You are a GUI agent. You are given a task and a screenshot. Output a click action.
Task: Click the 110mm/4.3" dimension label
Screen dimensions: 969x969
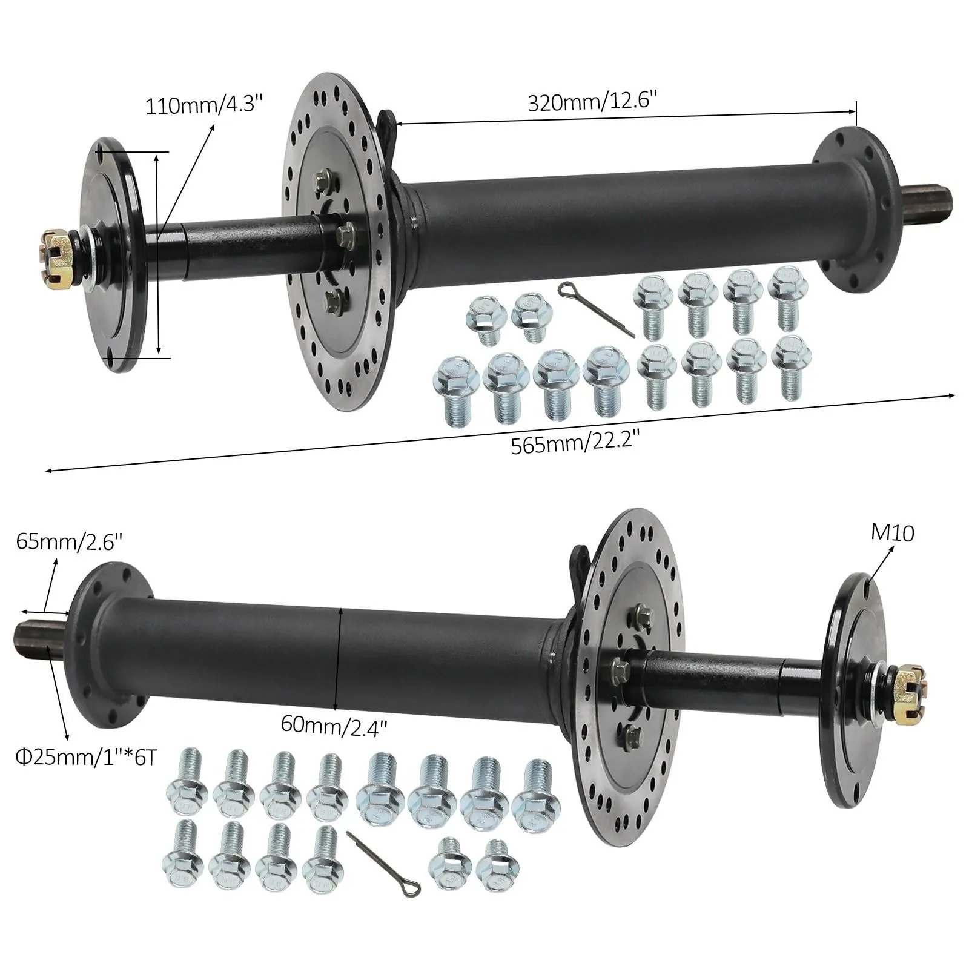204,106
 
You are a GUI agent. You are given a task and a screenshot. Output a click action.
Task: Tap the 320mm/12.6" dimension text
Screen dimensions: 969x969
592,101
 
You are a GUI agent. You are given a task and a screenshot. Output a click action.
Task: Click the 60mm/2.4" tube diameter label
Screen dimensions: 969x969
334,725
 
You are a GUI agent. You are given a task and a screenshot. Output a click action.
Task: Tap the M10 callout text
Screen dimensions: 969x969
893,532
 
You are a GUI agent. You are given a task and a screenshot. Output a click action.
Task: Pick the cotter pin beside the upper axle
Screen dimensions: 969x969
595,308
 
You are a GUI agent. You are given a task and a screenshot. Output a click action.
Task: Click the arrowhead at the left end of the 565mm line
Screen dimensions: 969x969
51,469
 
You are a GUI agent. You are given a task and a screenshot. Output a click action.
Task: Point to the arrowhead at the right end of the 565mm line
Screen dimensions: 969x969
950,395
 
